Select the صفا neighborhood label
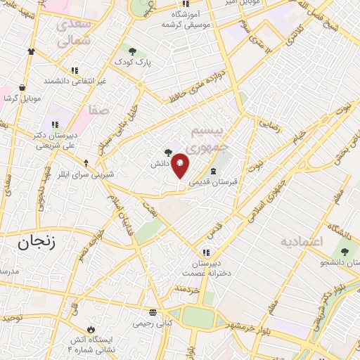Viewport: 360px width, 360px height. point(98,110)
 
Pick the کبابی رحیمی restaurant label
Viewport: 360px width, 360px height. point(153,325)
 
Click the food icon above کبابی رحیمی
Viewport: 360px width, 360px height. point(153,313)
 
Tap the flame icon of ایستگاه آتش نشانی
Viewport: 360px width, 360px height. point(90,328)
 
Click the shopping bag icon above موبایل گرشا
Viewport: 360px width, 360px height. point(22,88)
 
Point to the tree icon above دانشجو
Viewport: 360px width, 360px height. point(344,252)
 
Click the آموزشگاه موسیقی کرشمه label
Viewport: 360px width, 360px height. point(186,19)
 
